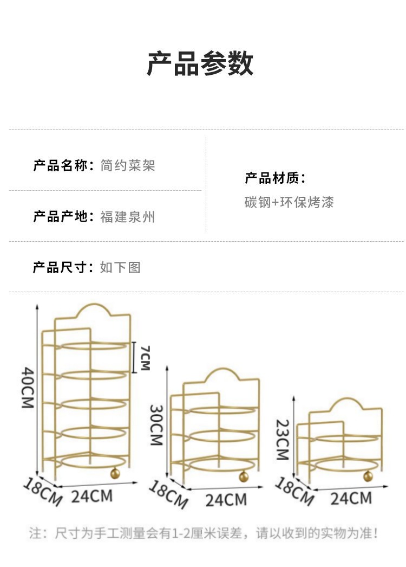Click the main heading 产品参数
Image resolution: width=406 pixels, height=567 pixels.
[x=200, y=63]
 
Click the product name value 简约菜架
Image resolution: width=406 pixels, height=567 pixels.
[x=128, y=166]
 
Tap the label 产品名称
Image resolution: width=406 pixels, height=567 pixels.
[x=61, y=166]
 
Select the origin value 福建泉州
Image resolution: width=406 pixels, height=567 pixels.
[x=128, y=217]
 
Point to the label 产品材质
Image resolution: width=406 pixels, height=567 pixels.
[x=272, y=178]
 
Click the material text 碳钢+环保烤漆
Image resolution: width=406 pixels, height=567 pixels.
[x=289, y=202]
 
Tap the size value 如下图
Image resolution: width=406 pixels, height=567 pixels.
[x=120, y=268]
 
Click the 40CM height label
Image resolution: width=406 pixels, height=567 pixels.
[x=28, y=388]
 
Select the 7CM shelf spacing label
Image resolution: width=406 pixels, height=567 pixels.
[x=145, y=358]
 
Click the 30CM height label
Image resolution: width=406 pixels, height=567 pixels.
[x=157, y=425]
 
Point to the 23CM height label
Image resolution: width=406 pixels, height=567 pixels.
[x=283, y=440]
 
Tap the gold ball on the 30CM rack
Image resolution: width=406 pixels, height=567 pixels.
[x=244, y=476]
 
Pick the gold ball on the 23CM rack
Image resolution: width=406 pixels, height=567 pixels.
[x=368, y=476]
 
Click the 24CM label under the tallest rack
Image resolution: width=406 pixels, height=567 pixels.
[x=91, y=496]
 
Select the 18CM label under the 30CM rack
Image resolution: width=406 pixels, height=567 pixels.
[x=168, y=494]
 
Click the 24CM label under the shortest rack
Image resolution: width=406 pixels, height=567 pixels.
[x=351, y=498]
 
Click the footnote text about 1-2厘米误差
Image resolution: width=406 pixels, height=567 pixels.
[x=204, y=533]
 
